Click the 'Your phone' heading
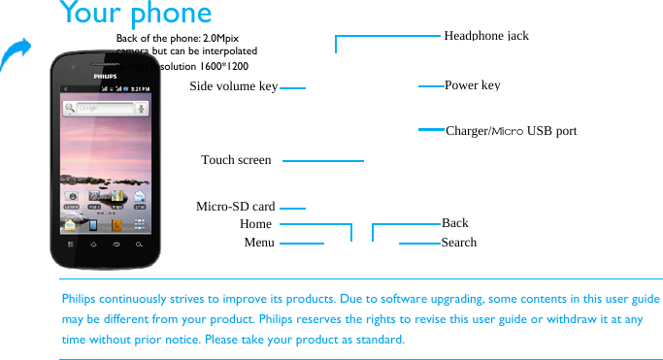tap(135, 14)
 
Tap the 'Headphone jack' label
tap(485, 35)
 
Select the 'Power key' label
tap(472, 85)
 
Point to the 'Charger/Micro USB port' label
tap(511, 130)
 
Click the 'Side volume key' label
tap(233, 86)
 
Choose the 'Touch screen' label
tap(236, 159)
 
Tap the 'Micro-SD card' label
tap(235, 207)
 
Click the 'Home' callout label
tap(255, 224)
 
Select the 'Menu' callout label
tap(258, 243)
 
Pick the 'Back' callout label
tap(454, 223)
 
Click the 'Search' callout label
tap(458, 243)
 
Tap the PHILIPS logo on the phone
tap(105, 74)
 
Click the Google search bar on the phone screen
tap(101, 108)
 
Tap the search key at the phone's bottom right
tap(140, 244)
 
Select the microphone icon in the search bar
tap(141, 108)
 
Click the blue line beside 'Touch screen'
tap(323, 160)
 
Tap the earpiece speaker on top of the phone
tap(105, 63)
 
